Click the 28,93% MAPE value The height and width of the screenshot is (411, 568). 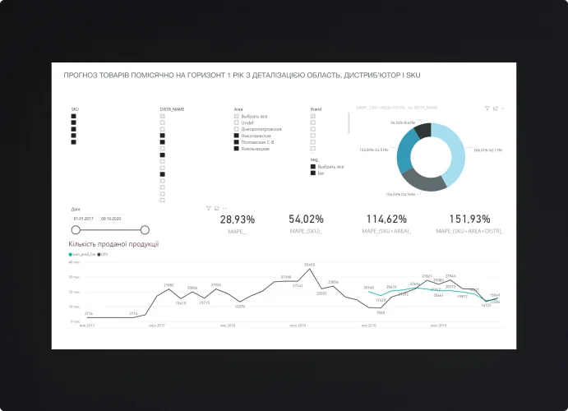coord(238,219)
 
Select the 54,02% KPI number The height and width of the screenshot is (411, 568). coord(306,219)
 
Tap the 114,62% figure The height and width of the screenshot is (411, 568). coord(386,219)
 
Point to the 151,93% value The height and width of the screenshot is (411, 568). coord(470,219)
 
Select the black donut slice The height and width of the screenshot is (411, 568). coord(423,130)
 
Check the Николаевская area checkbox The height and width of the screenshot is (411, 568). coord(237,136)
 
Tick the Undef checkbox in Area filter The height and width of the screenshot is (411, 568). coord(237,122)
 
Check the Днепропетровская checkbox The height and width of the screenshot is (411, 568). coord(237,129)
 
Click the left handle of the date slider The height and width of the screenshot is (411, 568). coord(76,230)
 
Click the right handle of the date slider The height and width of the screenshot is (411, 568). coord(145,230)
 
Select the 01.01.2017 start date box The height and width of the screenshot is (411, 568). coord(83,219)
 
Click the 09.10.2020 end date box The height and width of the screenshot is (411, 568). coord(111,219)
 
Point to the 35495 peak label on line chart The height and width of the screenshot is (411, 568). coord(310,265)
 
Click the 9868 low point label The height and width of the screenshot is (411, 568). coord(381,312)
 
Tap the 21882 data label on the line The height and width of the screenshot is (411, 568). coord(169,284)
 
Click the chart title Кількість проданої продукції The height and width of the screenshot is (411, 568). coord(113,243)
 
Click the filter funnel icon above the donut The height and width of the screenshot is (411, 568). coord(487,108)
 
